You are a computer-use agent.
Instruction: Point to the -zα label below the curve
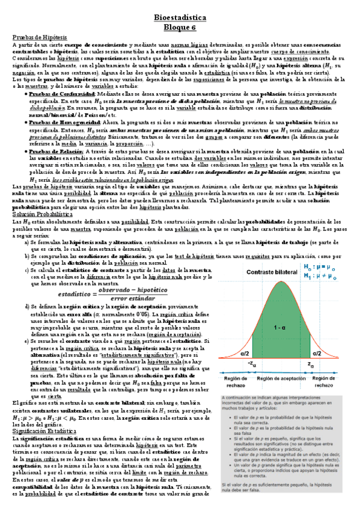[x=251, y=364]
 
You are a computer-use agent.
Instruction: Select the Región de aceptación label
[x=281, y=378]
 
